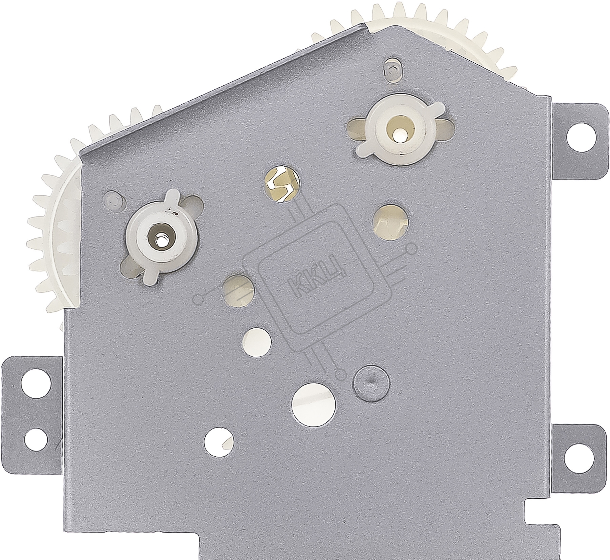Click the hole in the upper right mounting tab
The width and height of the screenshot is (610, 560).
581,138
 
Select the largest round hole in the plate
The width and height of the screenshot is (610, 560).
314,404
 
